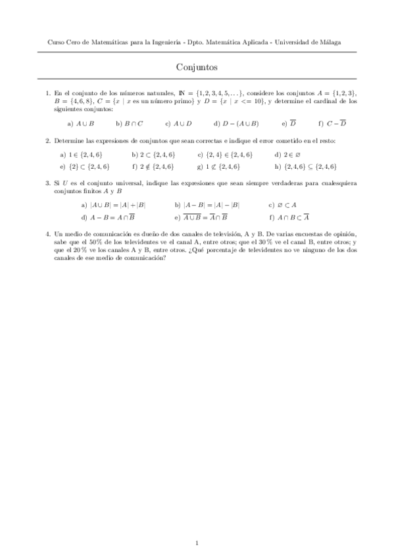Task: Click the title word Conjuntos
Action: [x=197, y=67]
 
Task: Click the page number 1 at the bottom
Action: [x=197, y=524]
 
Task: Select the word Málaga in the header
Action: [x=330, y=42]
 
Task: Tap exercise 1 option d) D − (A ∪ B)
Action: [x=236, y=123]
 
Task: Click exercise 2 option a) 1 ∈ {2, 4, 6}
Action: [x=81, y=155]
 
